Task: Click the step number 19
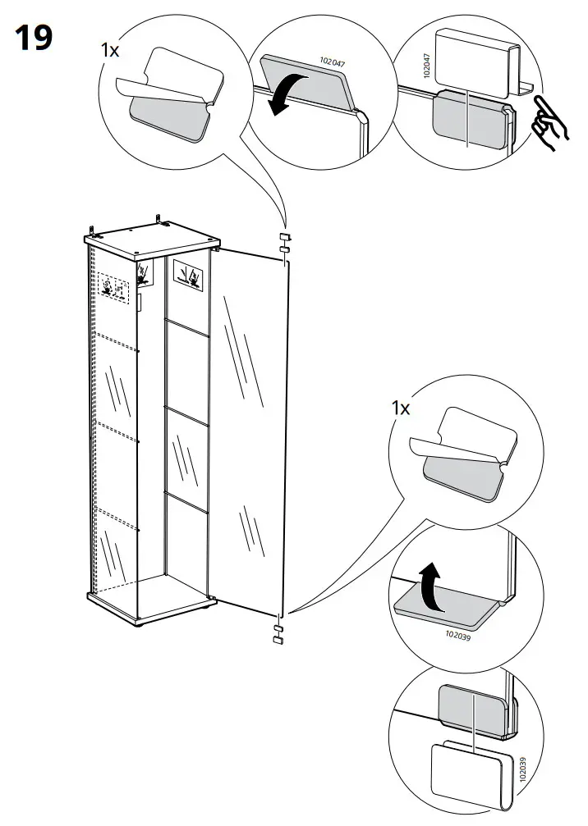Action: click(x=34, y=38)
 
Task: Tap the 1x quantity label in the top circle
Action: click(x=109, y=51)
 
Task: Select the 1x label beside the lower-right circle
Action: click(x=400, y=408)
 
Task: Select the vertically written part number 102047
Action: click(x=426, y=66)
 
